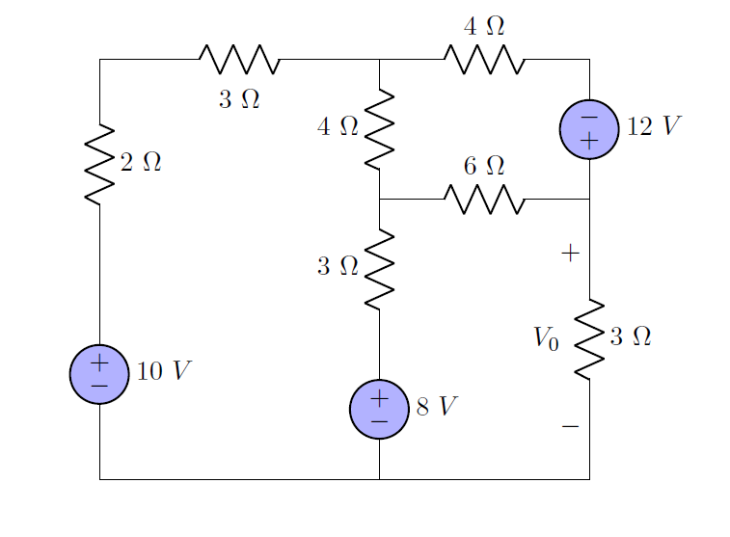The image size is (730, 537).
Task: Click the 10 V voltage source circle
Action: (99, 374)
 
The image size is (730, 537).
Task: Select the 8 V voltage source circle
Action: (379, 409)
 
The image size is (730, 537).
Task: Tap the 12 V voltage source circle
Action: (589, 128)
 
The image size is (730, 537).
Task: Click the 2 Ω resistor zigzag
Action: (99, 164)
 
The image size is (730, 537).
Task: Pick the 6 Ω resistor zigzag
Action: (484, 200)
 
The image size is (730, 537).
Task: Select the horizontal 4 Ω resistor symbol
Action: (484, 60)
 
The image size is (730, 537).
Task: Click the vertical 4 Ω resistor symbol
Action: (379, 128)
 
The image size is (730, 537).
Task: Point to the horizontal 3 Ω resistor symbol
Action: (239, 60)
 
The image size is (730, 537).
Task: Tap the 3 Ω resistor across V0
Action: (589, 338)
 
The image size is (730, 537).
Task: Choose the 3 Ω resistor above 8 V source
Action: (379, 269)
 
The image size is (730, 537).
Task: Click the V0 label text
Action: (546, 338)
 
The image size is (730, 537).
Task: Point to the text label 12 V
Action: (653, 127)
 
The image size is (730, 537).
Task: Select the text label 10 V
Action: (164, 372)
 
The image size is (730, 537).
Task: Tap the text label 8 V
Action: (436, 407)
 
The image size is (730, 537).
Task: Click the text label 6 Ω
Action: (484, 166)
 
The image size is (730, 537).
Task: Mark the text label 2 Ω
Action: (141, 163)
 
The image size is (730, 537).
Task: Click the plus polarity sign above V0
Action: (570, 254)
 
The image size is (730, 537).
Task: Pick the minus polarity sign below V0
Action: (570, 425)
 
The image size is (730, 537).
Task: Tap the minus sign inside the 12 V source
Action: (589, 117)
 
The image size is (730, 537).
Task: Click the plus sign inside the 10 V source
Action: (99, 363)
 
